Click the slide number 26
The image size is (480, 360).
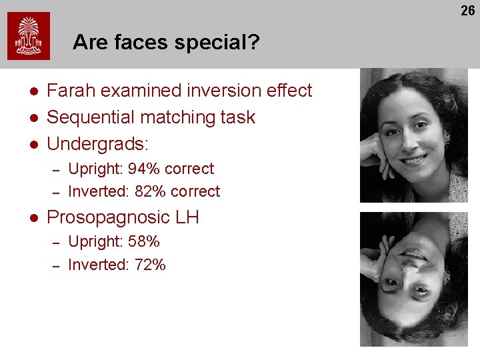[x=467, y=11]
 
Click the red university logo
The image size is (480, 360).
[x=29, y=36]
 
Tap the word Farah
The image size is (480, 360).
[x=71, y=91]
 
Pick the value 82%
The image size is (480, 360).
[x=150, y=192]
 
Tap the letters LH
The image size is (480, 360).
[x=187, y=217]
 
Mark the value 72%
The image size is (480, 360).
[x=149, y=265]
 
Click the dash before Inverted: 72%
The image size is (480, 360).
[x=57, y=265]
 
